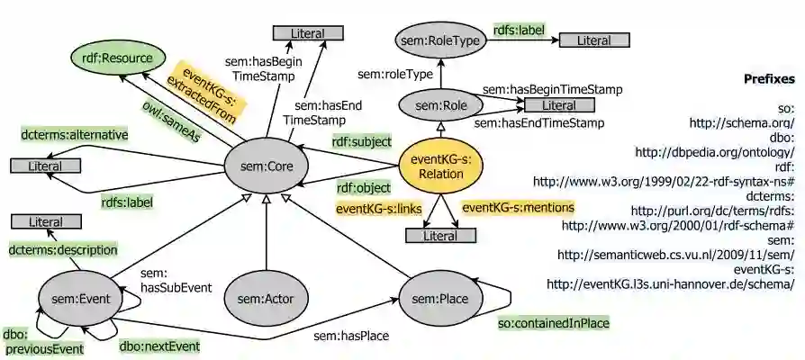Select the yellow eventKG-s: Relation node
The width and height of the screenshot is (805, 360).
point(437,166)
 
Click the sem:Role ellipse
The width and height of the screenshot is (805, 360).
point(441,106)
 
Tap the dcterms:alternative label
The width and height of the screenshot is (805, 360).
point(75,135)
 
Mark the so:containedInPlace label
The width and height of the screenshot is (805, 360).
point(554,322)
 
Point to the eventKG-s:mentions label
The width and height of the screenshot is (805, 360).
point(518,208)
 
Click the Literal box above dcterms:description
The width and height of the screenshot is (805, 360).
point(45,221)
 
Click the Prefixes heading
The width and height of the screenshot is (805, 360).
point(768,79)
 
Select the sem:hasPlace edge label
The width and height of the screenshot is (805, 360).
point(350,337)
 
